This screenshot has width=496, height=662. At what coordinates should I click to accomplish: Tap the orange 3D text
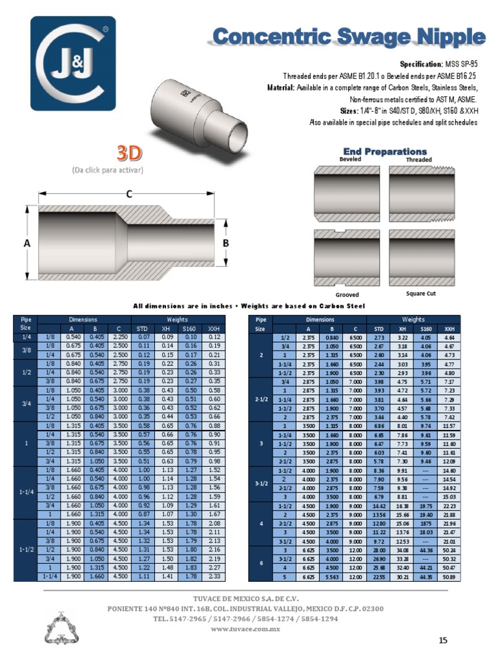point(129,154)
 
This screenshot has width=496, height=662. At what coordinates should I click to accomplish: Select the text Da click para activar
point(107,170)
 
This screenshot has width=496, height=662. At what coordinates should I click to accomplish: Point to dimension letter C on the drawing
point(129,193)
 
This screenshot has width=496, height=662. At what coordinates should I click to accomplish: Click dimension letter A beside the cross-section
point(27,243)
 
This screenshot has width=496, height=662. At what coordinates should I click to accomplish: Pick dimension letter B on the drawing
point(225,243)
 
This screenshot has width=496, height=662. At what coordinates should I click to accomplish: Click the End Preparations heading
point(385,151)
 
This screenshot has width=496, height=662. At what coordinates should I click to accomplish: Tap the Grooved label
point(347,295)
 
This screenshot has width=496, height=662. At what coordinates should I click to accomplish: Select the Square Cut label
point(420,294)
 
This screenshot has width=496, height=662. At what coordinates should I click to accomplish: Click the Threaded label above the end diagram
point(418,159)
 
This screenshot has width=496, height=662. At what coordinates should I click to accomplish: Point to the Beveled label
point(350,158)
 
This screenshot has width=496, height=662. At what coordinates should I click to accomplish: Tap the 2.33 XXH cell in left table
point(214,576)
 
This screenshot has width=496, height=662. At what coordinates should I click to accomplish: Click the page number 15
point(443,640)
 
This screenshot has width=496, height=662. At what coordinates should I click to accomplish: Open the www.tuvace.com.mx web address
point(247,628)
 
